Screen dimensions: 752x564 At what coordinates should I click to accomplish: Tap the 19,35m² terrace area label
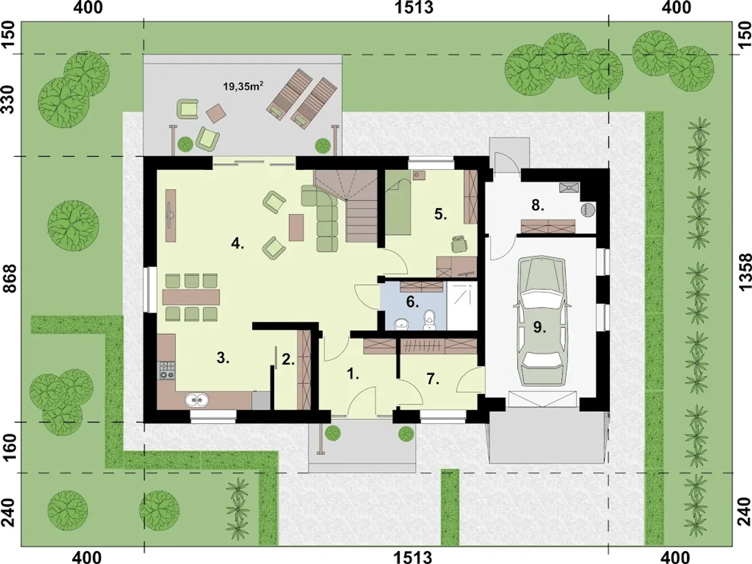pyautogui.click(x=243, y=86)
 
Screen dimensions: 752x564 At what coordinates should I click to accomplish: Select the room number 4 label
pyautogui.click(x=237, y=244)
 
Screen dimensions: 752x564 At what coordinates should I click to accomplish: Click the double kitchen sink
pyautogui.click(x=197, y=399)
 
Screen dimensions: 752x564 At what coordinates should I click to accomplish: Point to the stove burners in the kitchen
pyautogui.click(x=166, y=370)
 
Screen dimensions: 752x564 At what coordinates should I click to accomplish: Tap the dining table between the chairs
pyautogui.click(x=191, y=297)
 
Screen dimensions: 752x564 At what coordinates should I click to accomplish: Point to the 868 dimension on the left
pyautogui.click(x=11, y=278)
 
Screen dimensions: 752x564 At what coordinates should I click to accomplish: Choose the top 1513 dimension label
pyautogui.click(x=414, y=8)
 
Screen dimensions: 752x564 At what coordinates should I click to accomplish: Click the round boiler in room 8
pyautogui.click(x=588, y=209)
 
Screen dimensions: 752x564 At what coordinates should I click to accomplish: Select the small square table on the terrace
pyautogui.click(x=216, y=113)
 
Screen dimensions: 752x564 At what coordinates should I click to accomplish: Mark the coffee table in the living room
pyautogui.click(x=296, y=227)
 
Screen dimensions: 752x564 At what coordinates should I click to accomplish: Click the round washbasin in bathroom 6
pyautogui.click(x=401, y=324)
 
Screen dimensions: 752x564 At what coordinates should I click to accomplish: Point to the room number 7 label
pyautogui.click(x=433, y=379)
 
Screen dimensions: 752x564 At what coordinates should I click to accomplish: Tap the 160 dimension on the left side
pyautogui.click(x=11, y=448)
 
